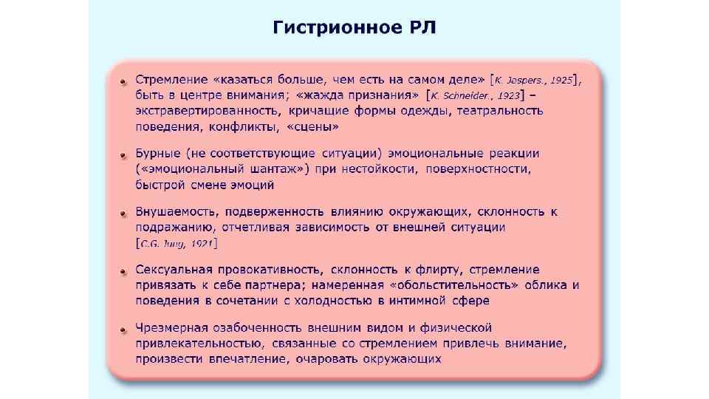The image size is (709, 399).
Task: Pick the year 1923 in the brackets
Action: tap(507, 95)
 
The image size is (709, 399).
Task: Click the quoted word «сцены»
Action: tap(315, 126)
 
